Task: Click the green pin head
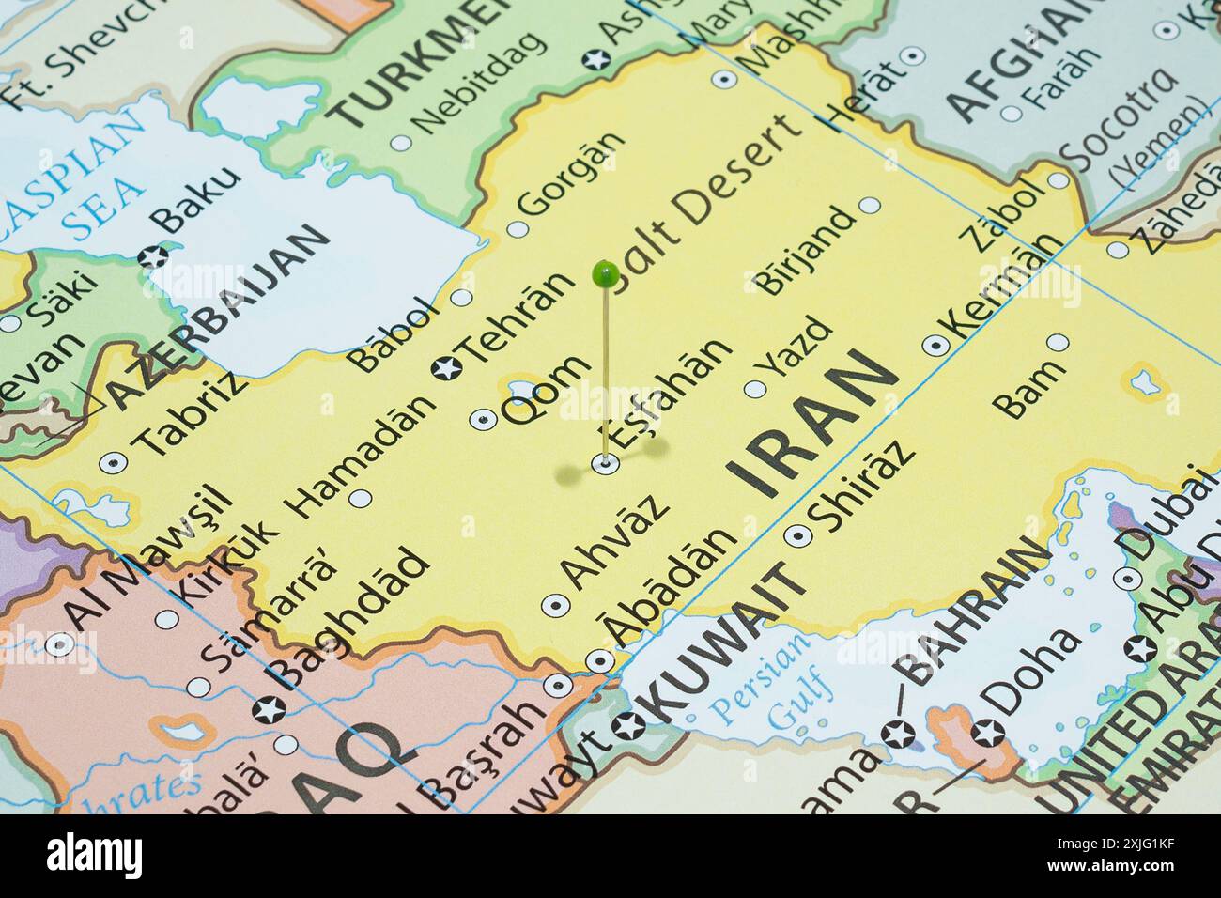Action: (x=605, y=274)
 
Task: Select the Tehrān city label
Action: (x=517, y=319)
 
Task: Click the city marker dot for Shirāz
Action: (x=798, y=535)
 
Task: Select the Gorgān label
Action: (x=572, y=174)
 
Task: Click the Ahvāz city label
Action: (x=616, y=541)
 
